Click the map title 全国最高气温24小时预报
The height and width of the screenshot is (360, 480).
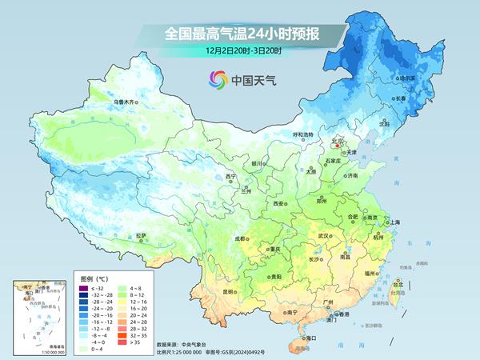point(239,34)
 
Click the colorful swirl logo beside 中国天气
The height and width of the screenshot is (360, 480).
point(217,79)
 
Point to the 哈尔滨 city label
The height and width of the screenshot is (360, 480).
point(407,78)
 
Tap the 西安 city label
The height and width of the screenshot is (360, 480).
point(278,204)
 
